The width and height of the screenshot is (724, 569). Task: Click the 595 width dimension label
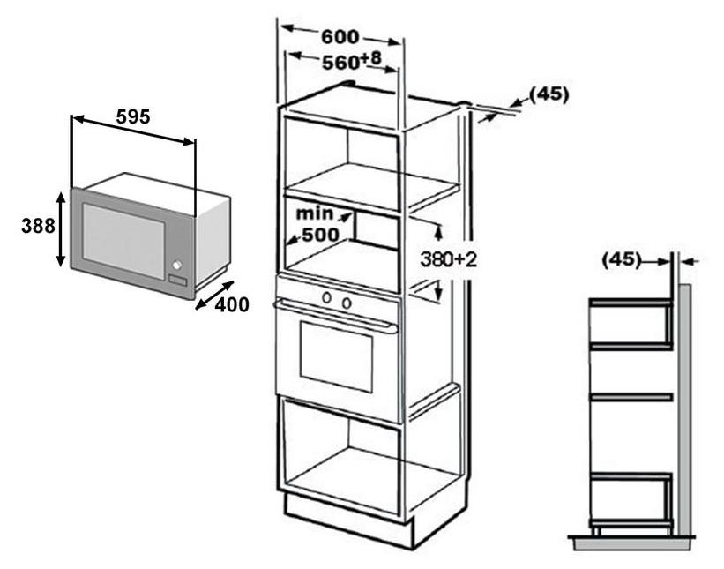[133, 116]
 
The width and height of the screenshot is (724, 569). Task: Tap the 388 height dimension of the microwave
[38, 226]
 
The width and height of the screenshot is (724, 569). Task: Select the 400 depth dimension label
[232, 304]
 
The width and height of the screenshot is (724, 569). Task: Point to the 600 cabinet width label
[340, 36]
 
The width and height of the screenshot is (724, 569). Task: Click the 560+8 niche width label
[352, 61]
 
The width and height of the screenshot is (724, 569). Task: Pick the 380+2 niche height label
[448, 259]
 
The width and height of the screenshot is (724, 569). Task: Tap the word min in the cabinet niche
[314, 213]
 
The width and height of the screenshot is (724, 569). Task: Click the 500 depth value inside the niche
[320, 235]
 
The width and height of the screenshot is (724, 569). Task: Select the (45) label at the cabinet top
[549, 94]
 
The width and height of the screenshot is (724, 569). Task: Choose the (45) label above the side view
[622, 259]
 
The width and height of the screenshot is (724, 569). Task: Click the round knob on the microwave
[177, 265]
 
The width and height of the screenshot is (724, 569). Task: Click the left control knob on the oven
[327, 298]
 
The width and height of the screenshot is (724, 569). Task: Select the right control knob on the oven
[347, 303]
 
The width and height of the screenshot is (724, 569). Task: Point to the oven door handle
[336, 316]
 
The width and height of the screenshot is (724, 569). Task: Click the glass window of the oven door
[336, 357]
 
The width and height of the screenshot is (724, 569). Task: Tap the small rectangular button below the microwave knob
[177, 281]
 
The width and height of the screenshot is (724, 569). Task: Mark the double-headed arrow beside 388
[61, 229]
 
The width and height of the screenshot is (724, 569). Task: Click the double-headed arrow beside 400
[214, 296]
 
